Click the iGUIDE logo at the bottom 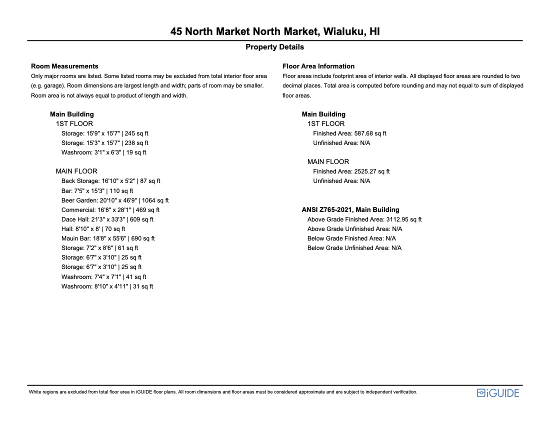point(498,393)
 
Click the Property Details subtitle point(274,47)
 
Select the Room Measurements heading point(64,66)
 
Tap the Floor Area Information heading point(318,66)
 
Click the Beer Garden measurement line point(115,200)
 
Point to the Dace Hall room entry point(107,219)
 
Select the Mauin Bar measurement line point(108,238)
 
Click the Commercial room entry point(110,210)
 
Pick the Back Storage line point(110,181)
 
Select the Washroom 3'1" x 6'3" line point(103,152)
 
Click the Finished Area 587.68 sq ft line point(349,133)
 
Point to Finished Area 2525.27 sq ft point(351,171)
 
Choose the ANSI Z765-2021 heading point(350,210)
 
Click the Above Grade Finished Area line point(364,219)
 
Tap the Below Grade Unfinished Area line point(354,248)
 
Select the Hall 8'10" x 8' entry point(93,229)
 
